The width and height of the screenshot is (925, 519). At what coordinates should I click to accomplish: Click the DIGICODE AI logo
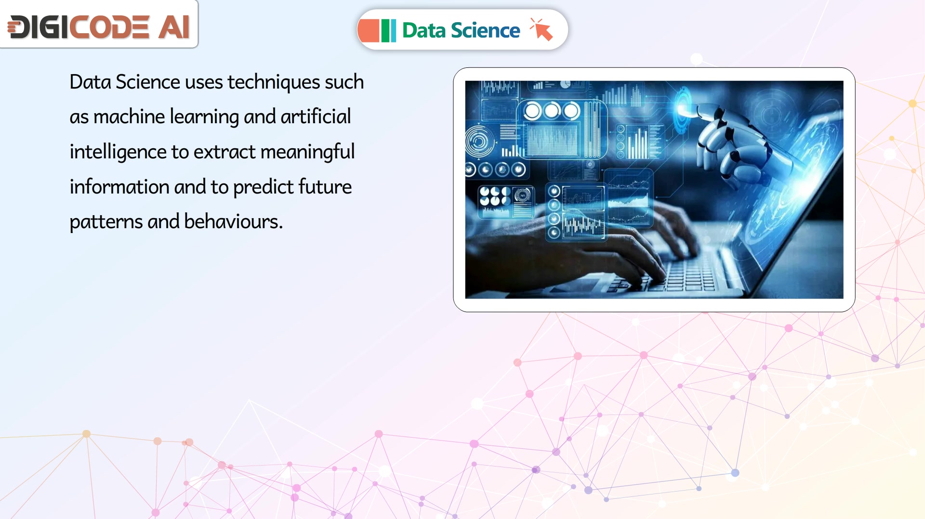pyautogui.click(x=98, y=26)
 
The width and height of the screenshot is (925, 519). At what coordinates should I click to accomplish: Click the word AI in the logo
pyautogui.click(x=174, y=26)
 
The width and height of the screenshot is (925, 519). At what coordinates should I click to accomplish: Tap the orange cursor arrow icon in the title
pyautogui.click(x=542, y=29)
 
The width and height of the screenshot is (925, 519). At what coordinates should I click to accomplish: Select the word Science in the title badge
pyautogui.click(x=485, y=30)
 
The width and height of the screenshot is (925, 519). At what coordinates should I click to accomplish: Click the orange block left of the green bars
pyautogui.click(x=369, y=30)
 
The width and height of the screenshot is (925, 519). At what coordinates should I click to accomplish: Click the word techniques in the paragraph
pyautogui.click(x=274, y=82)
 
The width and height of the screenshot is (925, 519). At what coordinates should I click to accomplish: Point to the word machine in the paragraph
pyautogui.click(x=129, y=117)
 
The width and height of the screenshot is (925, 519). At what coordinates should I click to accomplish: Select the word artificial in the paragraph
pyautogui.click(x=316, y=117)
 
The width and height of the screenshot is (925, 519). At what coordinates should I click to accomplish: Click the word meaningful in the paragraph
pyautogui.click(x=307, y=152)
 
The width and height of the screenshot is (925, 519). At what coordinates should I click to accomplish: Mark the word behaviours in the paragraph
pyautogui.click(x=233, y=221)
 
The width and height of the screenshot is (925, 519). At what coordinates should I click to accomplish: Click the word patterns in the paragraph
pyautogui.click(x=106, y=222)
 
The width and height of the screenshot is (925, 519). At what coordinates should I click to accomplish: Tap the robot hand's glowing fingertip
pyautogui.click(x=683, y=108)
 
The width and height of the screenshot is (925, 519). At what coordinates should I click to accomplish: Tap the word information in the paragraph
pyautogui.click(x=119, y=187)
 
